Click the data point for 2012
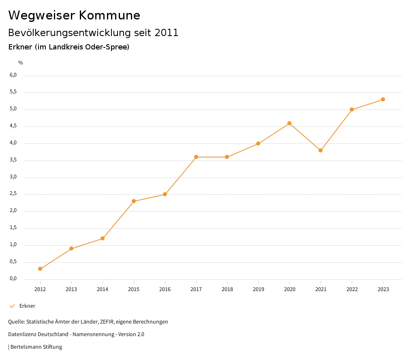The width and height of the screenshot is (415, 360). [x=40, y=269]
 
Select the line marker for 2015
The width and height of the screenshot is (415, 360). [x=134, y=201]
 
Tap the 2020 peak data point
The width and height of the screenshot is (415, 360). [x=289, y=123]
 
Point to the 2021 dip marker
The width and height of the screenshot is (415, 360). [x=321, y=150]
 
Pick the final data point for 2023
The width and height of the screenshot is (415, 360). [x=383, y=99]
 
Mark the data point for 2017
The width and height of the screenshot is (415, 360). [x=196, y=157]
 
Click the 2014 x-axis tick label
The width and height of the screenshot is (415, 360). [x=103, y=289]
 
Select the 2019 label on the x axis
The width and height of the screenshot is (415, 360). [x=258, y=289]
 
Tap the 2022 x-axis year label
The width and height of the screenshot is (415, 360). [x=352, y=289]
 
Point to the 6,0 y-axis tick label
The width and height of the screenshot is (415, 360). [x=13, y=75]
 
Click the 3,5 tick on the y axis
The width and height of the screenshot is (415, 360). [x=13, y=160]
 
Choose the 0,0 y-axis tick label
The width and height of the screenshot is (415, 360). [x=13, y=279]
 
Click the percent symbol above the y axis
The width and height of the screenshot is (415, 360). [x=21, y=62]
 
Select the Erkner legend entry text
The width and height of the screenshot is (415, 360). [x=27, y=306]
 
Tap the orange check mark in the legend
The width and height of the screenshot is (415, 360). [x=12, y=306]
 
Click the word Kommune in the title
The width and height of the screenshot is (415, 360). [x=109, y=15]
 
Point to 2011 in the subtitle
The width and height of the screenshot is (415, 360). [x=167, y=32]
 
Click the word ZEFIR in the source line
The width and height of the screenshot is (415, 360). [x=107, y=321]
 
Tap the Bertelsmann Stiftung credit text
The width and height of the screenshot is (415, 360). [x=36, y=347]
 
